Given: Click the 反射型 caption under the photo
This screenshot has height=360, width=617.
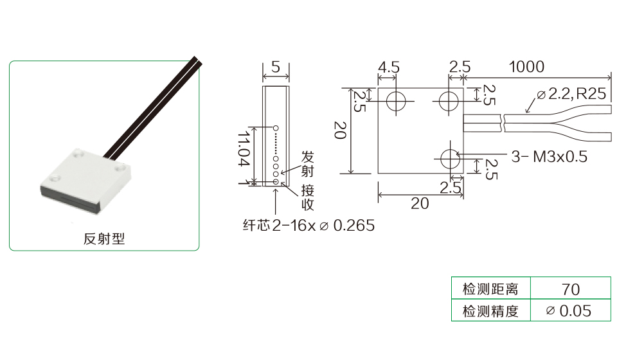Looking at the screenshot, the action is (104, 239).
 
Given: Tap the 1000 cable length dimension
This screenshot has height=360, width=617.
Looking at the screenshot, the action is (526, 66).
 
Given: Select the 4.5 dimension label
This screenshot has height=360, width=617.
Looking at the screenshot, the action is (388, 67).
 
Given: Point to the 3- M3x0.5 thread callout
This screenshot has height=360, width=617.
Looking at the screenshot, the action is (550, 157).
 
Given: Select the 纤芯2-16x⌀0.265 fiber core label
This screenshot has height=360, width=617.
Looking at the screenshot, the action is (309, 226).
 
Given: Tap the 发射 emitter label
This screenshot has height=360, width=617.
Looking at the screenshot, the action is (308, 164).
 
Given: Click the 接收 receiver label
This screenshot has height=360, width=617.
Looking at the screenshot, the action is (308, 197).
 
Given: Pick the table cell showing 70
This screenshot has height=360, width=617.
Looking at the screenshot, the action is (571, 289).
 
